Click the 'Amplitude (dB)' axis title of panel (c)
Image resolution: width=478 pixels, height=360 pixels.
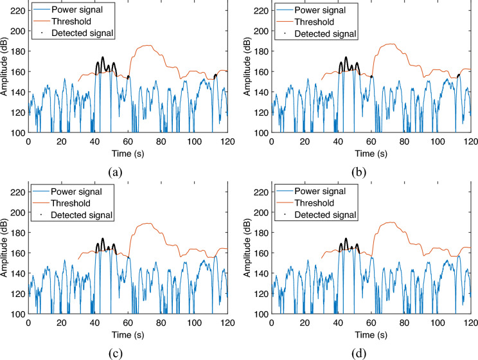[x=6, y=253]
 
